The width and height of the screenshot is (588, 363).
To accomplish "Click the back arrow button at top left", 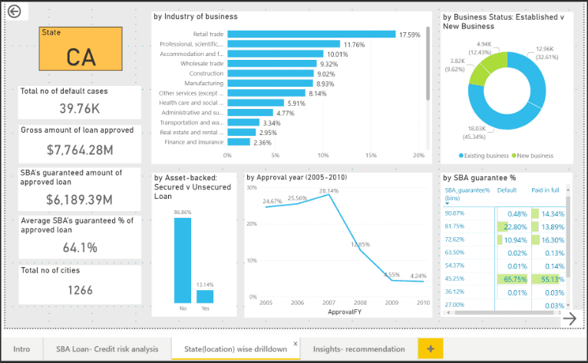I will click(13, 12).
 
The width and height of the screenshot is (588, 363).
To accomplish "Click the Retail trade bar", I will click(312, 35).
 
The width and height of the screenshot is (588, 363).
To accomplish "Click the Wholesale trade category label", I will click(202, 64).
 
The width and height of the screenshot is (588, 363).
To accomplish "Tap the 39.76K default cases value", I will click(80, 108).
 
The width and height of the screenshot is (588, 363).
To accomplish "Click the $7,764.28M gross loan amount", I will click(80, 149).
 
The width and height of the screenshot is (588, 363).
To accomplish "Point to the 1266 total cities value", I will click(80, 290).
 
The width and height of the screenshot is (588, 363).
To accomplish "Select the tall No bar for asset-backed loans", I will click(182, 260).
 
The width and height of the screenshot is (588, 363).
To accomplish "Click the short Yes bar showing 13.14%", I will click(205, 296).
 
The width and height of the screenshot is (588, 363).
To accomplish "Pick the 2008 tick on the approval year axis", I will click(360, 303).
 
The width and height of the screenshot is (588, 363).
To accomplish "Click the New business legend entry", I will click(536, 156).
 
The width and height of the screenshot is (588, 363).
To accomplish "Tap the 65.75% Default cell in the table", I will click(512, 279).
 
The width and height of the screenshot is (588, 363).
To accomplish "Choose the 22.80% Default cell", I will click(512, 226).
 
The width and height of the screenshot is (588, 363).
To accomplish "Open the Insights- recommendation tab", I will click(358, 348).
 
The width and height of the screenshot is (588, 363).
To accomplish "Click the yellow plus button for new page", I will click(431, 348).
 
